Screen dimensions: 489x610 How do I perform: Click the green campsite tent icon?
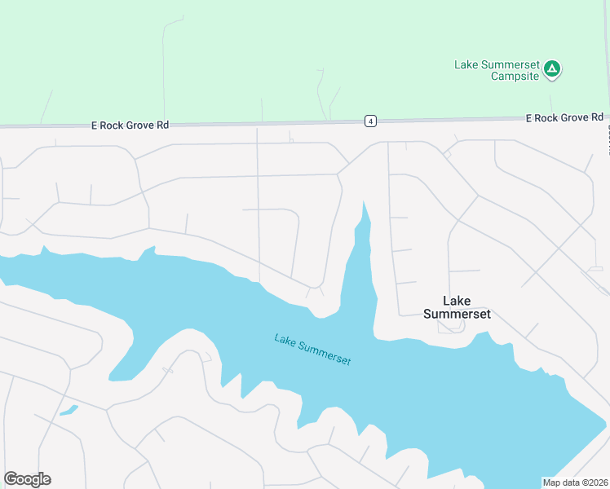click(x=552, y=68)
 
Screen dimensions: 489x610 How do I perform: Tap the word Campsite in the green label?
click(x=515, y=77)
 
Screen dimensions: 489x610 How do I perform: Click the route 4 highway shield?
click(x=370, y=121)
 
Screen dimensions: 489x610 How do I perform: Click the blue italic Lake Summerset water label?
click(x=313, y=349)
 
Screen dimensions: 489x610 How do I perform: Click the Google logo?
click(x=28, y=479)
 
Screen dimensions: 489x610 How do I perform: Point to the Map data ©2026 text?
click(x=575, y=482)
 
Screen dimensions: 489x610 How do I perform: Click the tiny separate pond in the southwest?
click(x=69, y=410)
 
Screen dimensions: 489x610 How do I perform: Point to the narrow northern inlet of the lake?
click(x=363, y=236)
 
